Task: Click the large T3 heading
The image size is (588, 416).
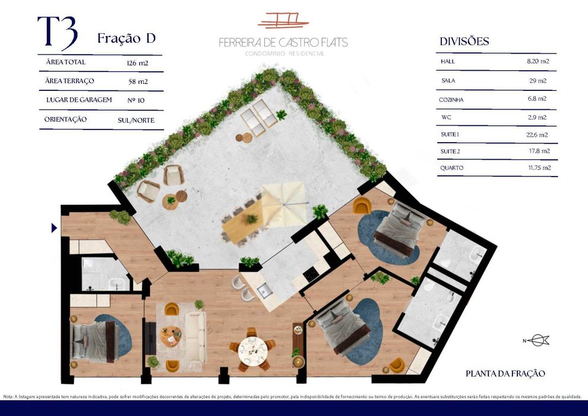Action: click(57, 33)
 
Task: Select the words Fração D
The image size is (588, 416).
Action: click(126, 39)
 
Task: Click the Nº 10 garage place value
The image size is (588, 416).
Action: click(136, 100)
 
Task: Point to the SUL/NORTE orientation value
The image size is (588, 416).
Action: click(136, 120)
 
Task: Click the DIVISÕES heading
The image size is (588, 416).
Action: click(464, 42)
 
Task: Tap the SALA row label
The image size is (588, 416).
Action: click(448, 80)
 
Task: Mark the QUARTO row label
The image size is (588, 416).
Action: click(451, 168)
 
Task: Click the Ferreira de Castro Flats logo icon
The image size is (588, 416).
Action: click(283, 21)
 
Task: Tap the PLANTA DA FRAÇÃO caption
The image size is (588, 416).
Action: click(505, 374)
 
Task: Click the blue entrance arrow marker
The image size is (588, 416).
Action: click(54, 228)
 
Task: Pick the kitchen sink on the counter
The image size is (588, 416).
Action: click(264, 291)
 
